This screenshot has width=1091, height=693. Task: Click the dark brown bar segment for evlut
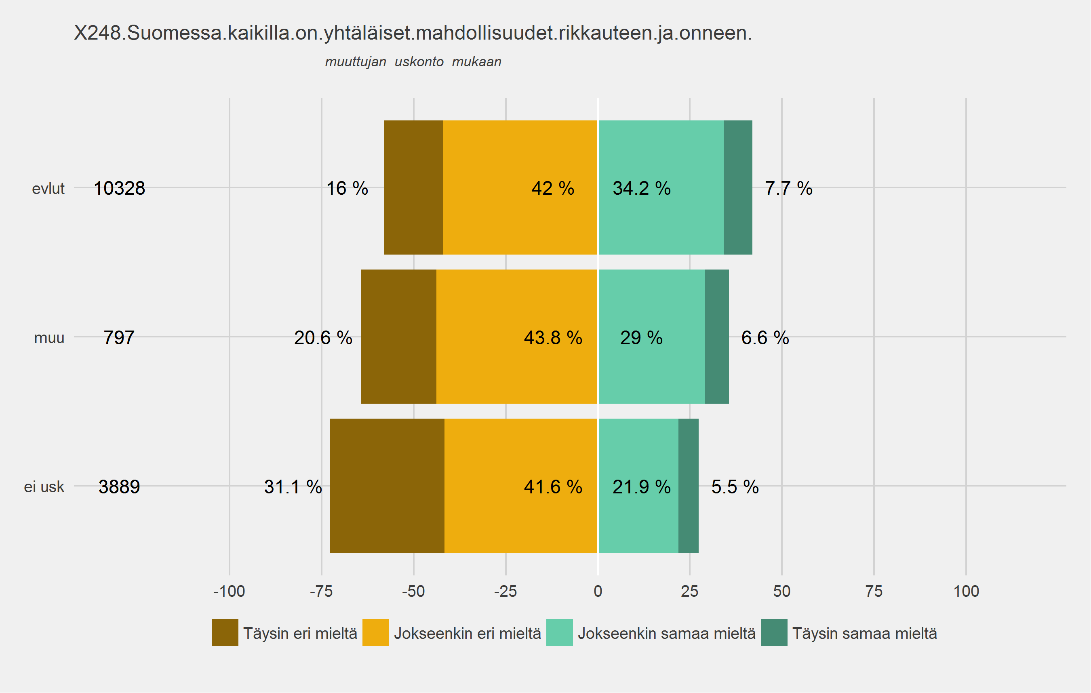pyautogui.click(x=414, y=187)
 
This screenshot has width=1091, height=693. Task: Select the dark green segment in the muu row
pyautogui.click(x=717, y=337)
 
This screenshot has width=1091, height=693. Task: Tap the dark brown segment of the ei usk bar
pyautogui.click(x=388, y=486)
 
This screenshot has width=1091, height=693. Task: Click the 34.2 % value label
pyautogui.click(x=642, y=188)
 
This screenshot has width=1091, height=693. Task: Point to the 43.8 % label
pyautogui.click(x=553, y=338)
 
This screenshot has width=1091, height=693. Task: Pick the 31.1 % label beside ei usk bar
pyautogui.click(x=293, y=487)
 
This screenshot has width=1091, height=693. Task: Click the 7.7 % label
pyautogui.click(x=788, y=188)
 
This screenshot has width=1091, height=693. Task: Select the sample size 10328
pyautogui.click(x=119, y=188)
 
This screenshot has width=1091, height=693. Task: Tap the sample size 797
pyautogui.click(x=119, y=338)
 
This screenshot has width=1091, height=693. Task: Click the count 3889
pyautogui.click(x=119, y=487)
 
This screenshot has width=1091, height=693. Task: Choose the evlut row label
pyautogui.click(x=48, y=188)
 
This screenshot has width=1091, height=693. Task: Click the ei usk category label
pyautogui.click(x=44, y=487)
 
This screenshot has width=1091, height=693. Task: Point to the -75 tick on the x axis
pyautogui.click(x=321, y=591)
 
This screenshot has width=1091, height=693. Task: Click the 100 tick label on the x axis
pyautogui.click(x=966, y=591)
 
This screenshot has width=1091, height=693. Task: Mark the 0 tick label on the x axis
pyautogui.click(x=598, y=591)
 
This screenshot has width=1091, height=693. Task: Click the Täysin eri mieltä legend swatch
pyautogui.click(x=225, y=632)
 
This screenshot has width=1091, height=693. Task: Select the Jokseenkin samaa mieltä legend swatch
pyautogui.click(x=560, y=632)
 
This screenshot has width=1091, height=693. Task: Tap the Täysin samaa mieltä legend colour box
pyautogui.click(x=774, y=632)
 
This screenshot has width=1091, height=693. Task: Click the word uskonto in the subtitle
pyautogui.click(x=419, y=61)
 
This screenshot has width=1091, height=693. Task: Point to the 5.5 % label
pyautogui.click(x=735, y=487)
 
